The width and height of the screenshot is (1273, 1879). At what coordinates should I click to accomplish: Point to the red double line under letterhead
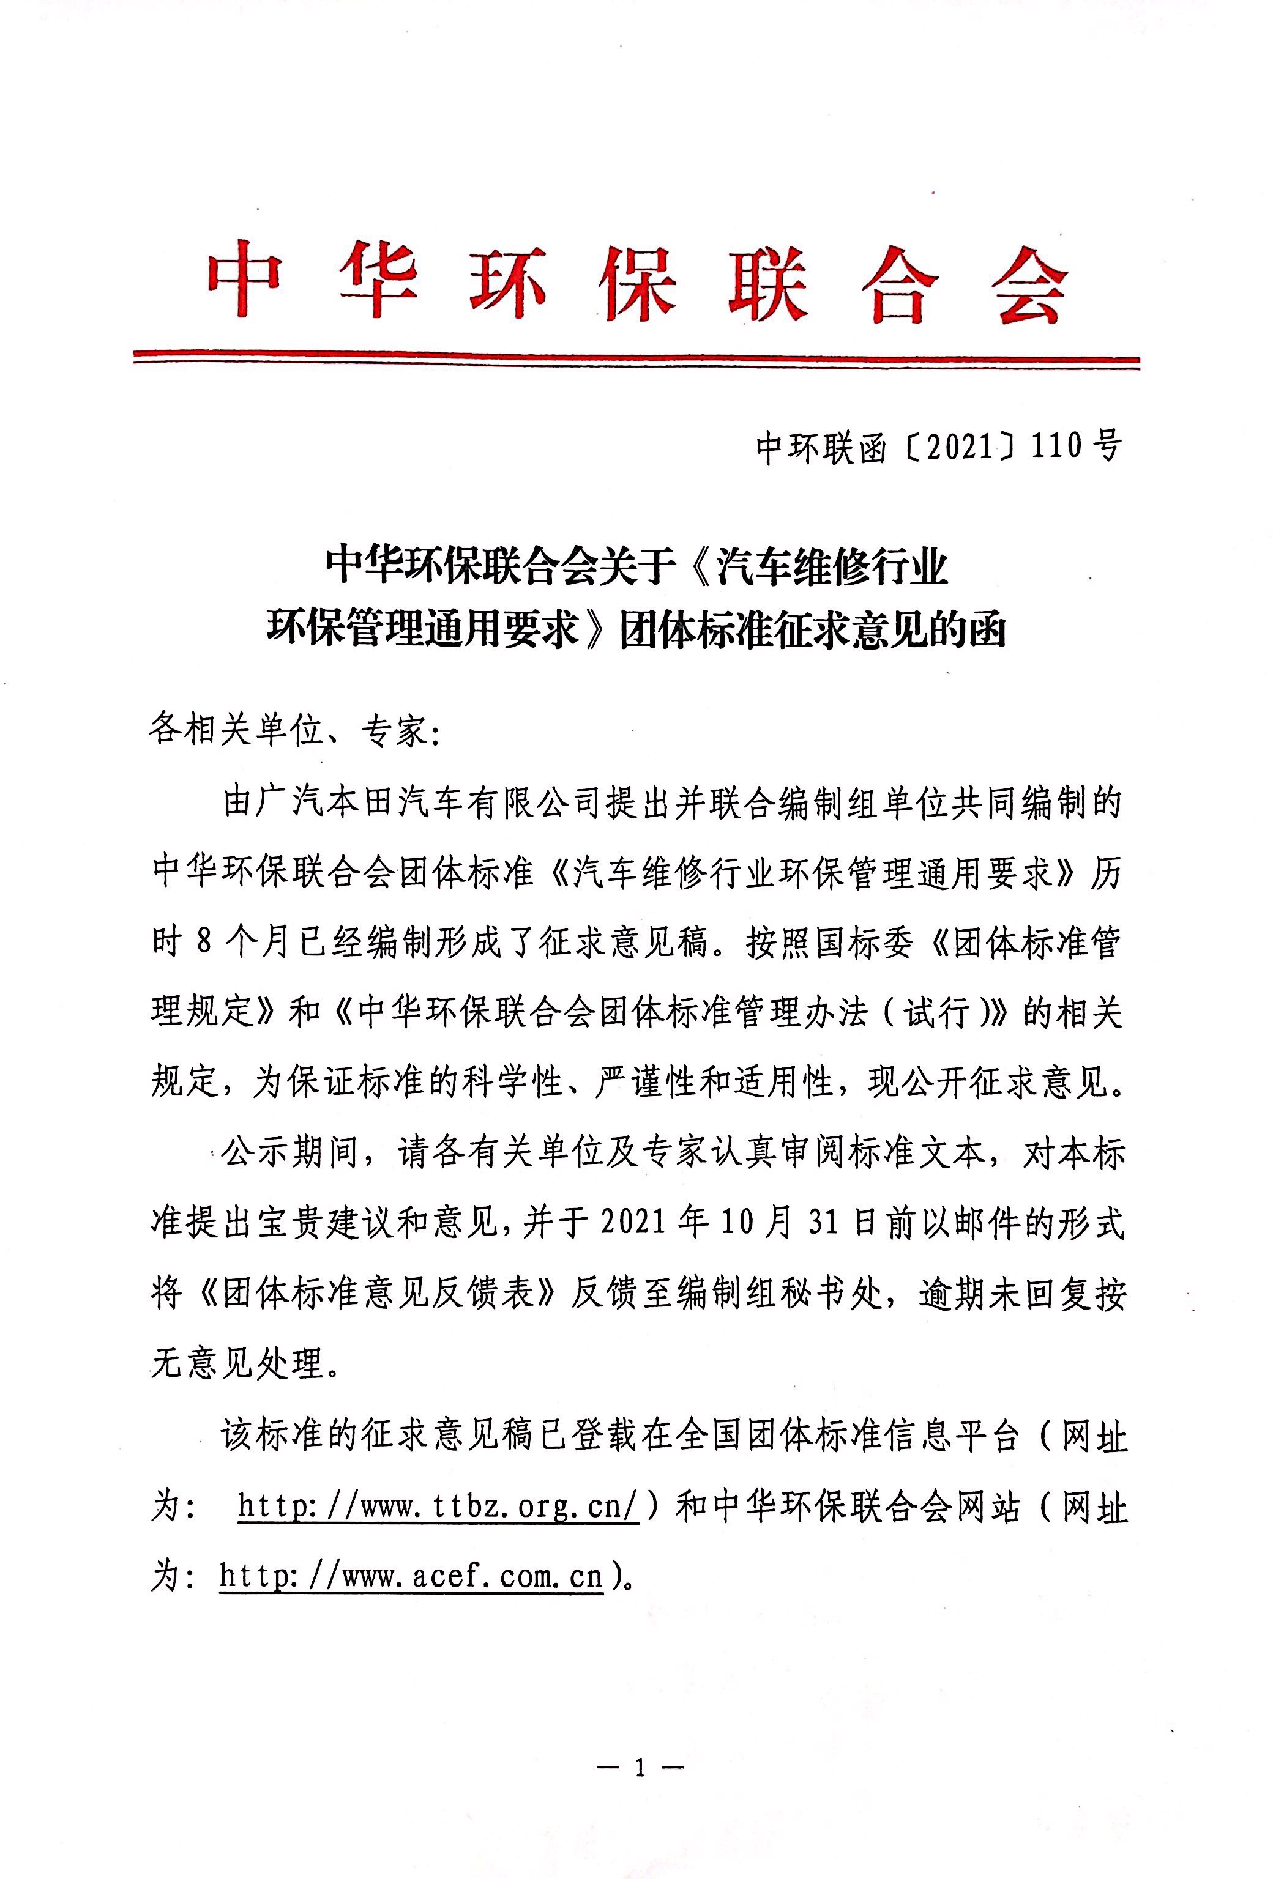pyautogui.click(x=636, y=358)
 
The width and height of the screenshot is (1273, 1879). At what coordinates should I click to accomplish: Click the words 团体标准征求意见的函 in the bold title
pyautogui.click(x=813, y=629)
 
